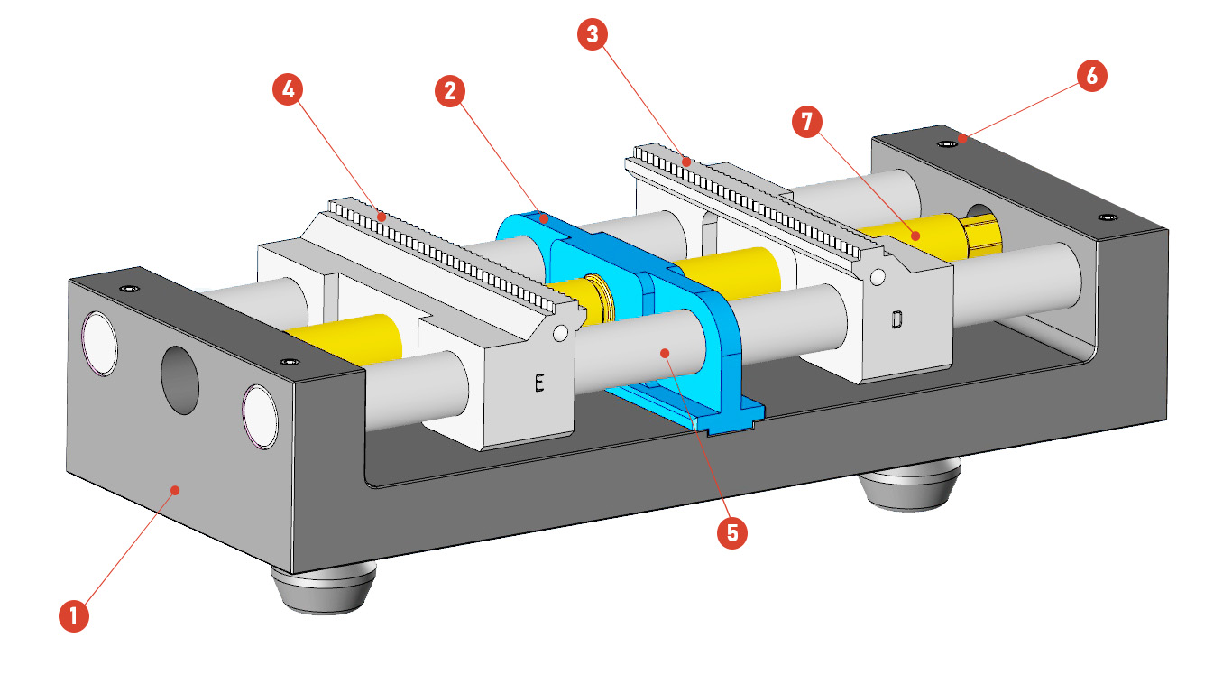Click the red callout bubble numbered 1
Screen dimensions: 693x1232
[x=73, y=616]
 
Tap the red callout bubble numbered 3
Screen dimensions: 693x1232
[x=592, y=35]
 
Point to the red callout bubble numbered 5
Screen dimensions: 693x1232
[x=731, y=532]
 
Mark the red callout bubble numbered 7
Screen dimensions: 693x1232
[x=807, y=122]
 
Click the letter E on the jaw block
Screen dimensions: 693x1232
[x=538, y=383]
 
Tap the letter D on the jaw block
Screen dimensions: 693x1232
[x=896, y=319]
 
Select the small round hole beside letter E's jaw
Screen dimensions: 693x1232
[x=560, y=334]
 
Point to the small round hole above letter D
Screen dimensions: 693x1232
[x=878, y=274]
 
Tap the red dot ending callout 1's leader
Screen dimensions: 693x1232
[x=176, y=489]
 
